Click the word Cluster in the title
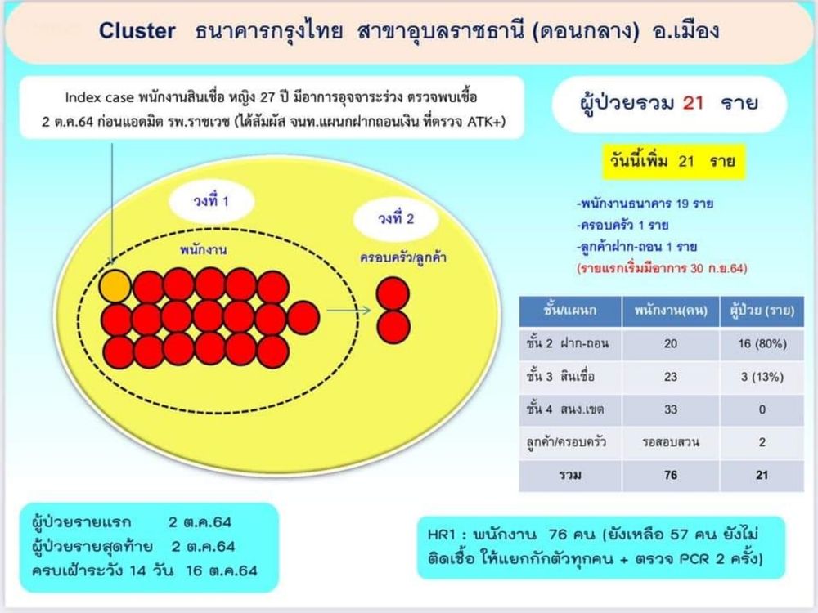[137, 31]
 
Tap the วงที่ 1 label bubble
[211, 201]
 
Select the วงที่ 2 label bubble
[396, 218]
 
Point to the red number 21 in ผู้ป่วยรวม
[694, 103]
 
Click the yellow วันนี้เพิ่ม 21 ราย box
[673, 162]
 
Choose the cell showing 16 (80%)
[762, 343]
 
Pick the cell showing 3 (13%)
[762, 376]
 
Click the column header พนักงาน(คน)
[671, 311]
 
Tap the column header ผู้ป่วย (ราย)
[762, 311]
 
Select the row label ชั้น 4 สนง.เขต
[565, 409]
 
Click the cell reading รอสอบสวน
[671, 442]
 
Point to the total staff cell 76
[671, 475]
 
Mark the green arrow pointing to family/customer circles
[348, 311]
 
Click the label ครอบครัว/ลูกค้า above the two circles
[402, 257]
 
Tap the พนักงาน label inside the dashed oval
[204, 249]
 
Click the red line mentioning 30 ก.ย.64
[662, 268]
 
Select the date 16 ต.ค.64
[222, 570]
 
